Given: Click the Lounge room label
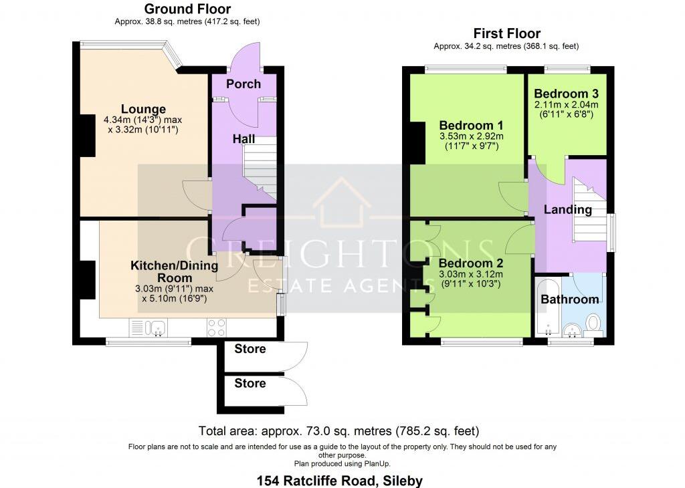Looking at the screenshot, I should [x=143, y=109].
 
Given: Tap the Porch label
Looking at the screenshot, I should [x=243, y=84].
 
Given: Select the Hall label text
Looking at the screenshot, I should [x=244, y=139].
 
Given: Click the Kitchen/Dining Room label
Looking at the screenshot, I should [x=174, y=271].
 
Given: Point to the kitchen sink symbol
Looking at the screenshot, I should [x=158, y=327].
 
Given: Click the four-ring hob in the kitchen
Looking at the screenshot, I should [x=217, y=327].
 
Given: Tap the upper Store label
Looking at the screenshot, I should [x=250, y=349].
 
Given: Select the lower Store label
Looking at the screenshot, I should [x=250, y=384].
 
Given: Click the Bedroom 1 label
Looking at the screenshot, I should [x=471, y=125].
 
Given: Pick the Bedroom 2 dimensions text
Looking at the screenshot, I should [x=471, y=279].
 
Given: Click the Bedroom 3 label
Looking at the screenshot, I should [x=566, y=94].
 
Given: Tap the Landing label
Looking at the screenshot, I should [x=567, y=209].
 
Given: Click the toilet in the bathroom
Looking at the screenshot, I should [x=593, y=324].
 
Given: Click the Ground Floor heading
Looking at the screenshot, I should [x=187, y=9].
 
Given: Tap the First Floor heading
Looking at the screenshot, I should [x=506, y=33].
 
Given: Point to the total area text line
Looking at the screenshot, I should [x=338, y=431].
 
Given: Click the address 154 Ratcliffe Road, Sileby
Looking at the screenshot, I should [x=340, y=480].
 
